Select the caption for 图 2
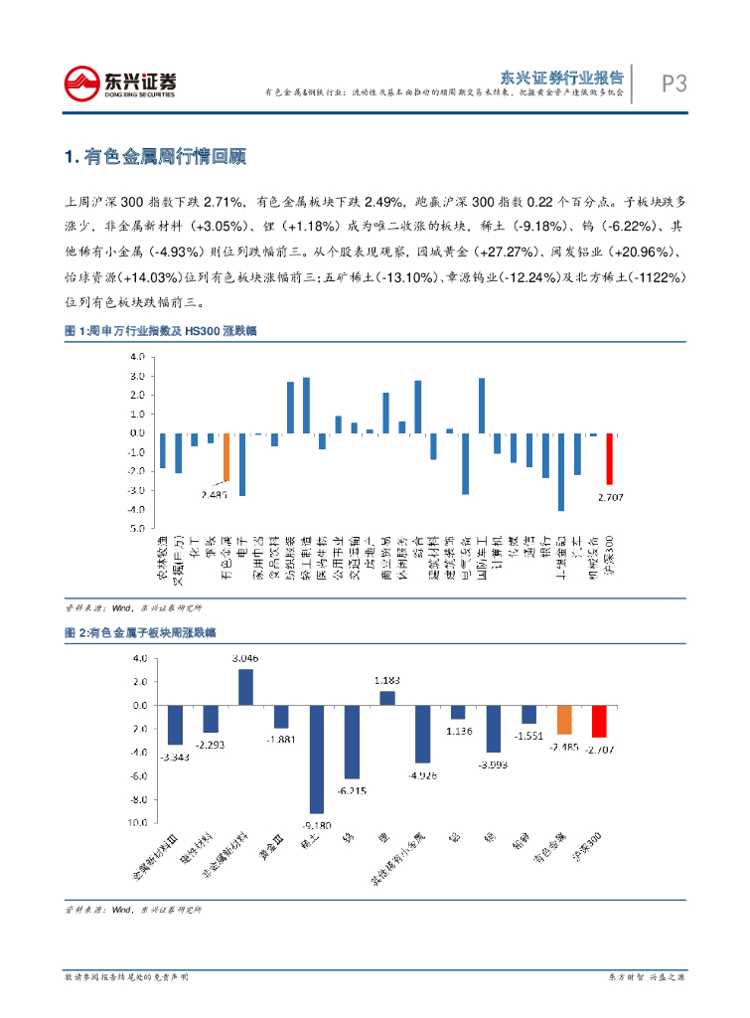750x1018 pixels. [140, 632]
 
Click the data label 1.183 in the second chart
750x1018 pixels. [387, 680]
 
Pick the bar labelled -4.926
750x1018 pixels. [422, 734]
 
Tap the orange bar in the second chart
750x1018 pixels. [564, 719]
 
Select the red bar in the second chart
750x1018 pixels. [599, 721]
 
